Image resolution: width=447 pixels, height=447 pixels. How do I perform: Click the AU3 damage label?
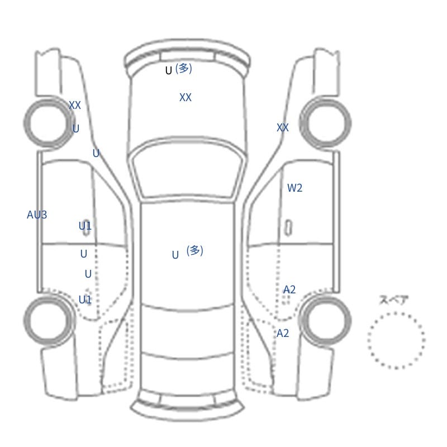37,215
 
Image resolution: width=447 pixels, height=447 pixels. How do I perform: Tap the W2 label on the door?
295,188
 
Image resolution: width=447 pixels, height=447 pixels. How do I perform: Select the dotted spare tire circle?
396,313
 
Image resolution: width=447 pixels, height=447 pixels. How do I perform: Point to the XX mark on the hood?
186,97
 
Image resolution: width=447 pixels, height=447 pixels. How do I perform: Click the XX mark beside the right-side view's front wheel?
283,127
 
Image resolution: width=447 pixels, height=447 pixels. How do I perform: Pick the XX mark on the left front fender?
75,105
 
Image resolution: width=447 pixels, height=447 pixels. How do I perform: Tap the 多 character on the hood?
184,68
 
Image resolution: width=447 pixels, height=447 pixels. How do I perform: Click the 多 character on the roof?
194,250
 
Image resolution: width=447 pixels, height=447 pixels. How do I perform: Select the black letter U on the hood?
169,70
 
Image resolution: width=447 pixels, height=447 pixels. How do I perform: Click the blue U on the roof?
175,255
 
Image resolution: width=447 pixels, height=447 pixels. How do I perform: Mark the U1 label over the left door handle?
85,226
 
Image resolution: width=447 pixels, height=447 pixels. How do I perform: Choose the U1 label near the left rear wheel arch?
85,299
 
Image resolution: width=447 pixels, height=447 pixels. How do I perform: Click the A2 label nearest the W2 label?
289,289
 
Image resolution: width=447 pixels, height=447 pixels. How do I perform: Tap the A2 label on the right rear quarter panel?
283,333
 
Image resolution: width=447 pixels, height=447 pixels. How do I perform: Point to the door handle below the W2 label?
288,228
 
